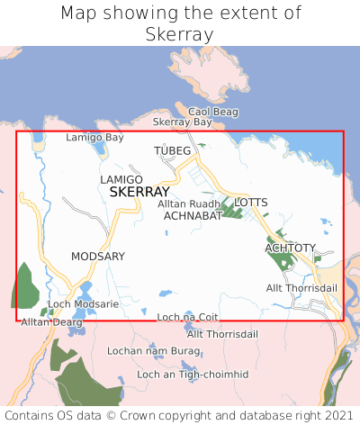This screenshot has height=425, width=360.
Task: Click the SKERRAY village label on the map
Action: coord(139,193)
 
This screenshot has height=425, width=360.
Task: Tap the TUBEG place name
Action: coord(173,149)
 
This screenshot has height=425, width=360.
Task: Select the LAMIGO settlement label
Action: coord(121,180)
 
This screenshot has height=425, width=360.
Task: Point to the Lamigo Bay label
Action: coord(95,138)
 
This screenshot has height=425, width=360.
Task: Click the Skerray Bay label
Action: coord(183,122)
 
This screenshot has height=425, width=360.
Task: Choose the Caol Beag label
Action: coord(212,112)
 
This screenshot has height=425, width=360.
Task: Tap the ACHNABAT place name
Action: coord(193,216)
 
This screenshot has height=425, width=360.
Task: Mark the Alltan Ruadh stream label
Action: coord(188,204)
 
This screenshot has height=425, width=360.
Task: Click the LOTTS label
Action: coord(251,203)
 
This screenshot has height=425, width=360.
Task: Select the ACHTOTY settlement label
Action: coord(291,248)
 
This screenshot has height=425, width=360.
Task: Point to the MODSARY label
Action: coord(98,257)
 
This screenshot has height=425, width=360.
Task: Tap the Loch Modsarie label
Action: coord(83,305)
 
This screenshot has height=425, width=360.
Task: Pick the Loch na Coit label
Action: coord(188,317)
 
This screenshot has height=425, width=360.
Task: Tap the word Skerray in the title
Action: coord(179,34)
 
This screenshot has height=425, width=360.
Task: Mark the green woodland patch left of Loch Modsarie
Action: coord(25,286)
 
